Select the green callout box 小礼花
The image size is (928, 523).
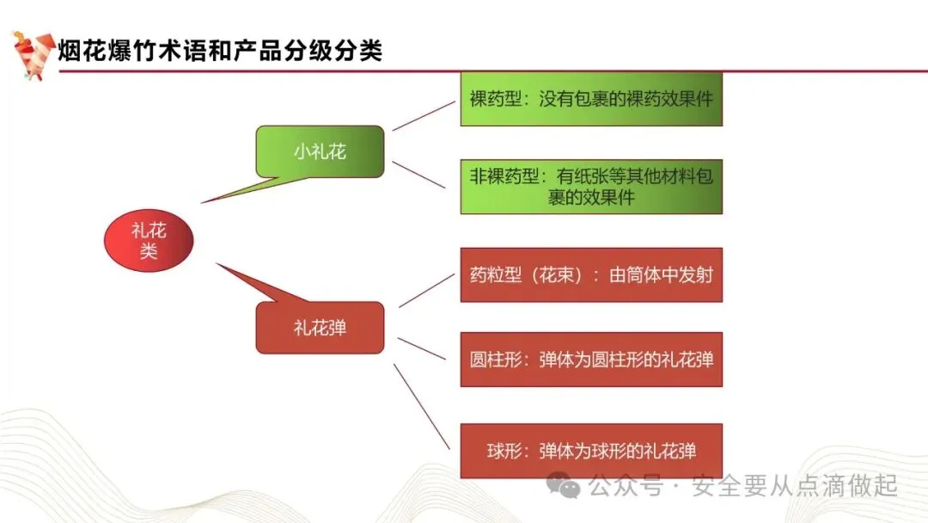tap(320, 152)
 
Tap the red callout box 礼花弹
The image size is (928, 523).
tap(320, 327)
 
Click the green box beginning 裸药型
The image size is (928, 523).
tap(591, 100)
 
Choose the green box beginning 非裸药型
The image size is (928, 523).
tap(591, 187)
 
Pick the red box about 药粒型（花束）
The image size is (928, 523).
tap(591, 275)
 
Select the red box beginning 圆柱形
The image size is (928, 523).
tap(591, 359)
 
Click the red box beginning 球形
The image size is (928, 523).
tap(591, 451)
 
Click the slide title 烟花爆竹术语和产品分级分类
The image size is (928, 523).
tap(220, 51)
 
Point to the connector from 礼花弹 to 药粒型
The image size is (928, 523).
tap(426, 291)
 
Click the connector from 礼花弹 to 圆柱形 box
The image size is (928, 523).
tap(422, 348)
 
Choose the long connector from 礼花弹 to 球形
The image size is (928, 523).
tap(422, 405)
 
